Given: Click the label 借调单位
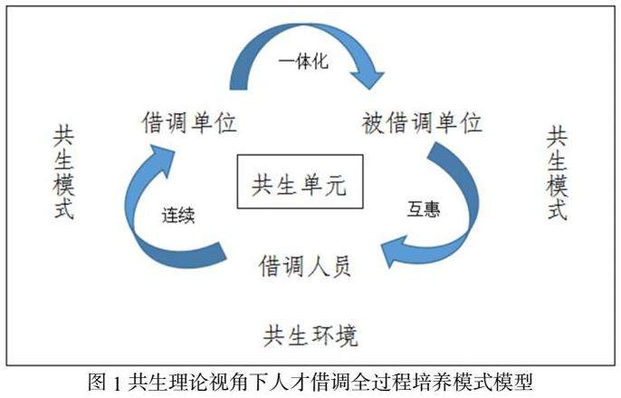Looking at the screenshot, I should click(188, 122).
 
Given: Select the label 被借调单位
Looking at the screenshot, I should click(421, 122).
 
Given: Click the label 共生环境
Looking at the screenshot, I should click(310, 335).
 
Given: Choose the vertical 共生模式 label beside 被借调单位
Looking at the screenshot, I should click(557, 173).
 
